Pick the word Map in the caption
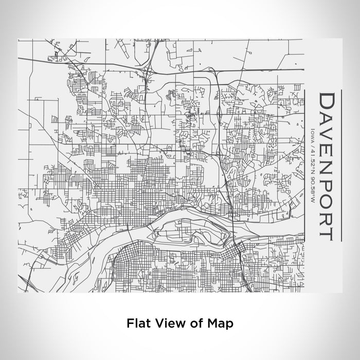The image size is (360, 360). click(x=220, y=323)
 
